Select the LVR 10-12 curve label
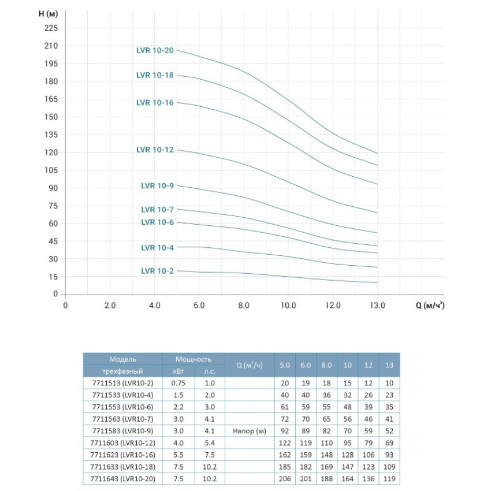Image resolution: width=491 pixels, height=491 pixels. coord(155,150)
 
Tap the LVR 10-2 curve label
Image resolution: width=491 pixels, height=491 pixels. coord(157,270)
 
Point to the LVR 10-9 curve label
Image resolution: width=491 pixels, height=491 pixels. coord(157,185)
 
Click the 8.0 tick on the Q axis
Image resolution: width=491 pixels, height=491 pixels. coord(243,305)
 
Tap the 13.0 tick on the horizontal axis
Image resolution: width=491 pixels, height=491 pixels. coord(377,305)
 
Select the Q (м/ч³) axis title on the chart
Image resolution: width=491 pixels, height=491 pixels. coord(430,306)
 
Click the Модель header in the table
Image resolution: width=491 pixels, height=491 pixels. coord(122,359)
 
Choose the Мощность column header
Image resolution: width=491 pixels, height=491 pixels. coord(194,359)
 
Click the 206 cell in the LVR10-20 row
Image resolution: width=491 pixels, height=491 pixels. coord(284,480)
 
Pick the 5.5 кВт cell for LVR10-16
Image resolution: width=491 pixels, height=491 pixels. coord(178,456)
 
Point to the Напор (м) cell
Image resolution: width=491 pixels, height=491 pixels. coord(248,431)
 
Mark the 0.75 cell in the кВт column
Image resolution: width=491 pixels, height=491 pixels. coord(178,383)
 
